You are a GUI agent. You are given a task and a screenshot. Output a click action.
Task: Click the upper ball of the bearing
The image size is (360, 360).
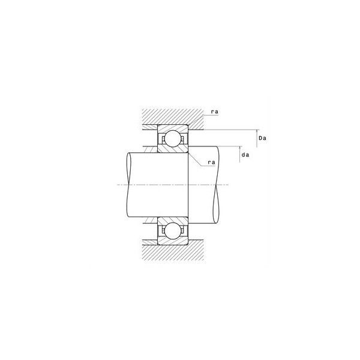point(173,139)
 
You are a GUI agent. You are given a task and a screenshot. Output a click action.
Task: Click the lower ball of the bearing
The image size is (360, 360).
point(173,231)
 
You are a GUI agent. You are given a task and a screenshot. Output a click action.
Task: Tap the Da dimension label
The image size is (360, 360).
point(262,138)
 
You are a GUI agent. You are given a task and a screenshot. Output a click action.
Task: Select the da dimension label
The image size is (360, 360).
point(245,155)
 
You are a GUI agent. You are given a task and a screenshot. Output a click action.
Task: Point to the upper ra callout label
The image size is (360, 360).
point(215,112)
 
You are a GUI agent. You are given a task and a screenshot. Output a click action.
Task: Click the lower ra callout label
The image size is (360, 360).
point(211,163)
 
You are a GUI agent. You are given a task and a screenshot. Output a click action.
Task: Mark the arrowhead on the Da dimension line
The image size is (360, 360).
point(257,131)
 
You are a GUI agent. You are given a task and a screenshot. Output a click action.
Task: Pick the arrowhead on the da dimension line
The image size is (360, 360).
point(240,148)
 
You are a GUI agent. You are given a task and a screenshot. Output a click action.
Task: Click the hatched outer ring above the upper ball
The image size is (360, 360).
point(173,128)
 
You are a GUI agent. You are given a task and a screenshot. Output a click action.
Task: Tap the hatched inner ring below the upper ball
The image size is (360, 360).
point(173,149)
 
